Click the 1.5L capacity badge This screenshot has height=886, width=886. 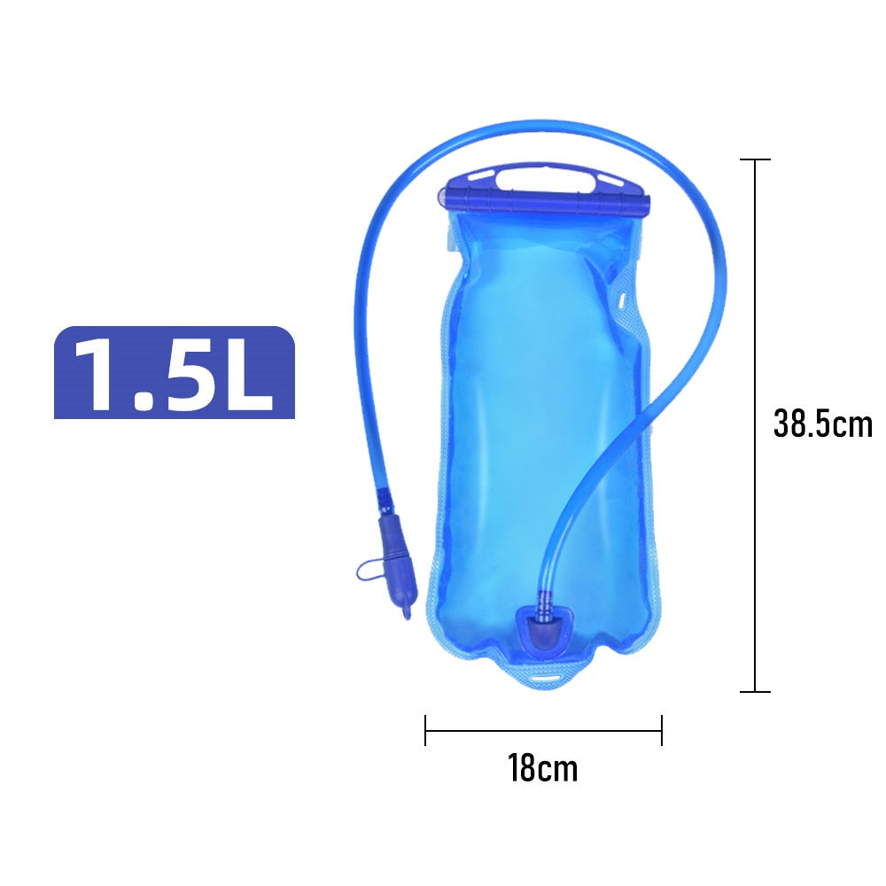point(174,372)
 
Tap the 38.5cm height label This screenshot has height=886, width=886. point(823,424)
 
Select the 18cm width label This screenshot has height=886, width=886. point(543,768)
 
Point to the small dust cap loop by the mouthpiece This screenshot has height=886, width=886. point(366,571)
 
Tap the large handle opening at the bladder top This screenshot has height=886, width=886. point(545,180)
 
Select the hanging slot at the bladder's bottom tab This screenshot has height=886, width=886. point(545,678)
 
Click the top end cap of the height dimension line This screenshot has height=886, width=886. point(755,159)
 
